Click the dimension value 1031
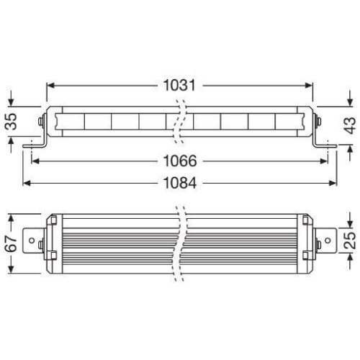pyautogui.click(x=180, y=85)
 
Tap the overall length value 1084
pyautogui.click(x=180, y=184)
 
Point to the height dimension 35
pyautogui.click(x=11, y=122)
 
